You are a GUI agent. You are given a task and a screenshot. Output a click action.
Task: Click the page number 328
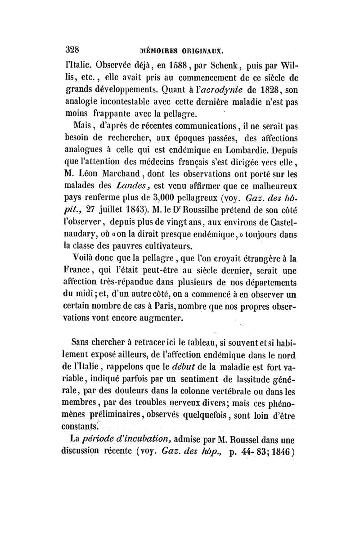[x=72, y=49]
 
